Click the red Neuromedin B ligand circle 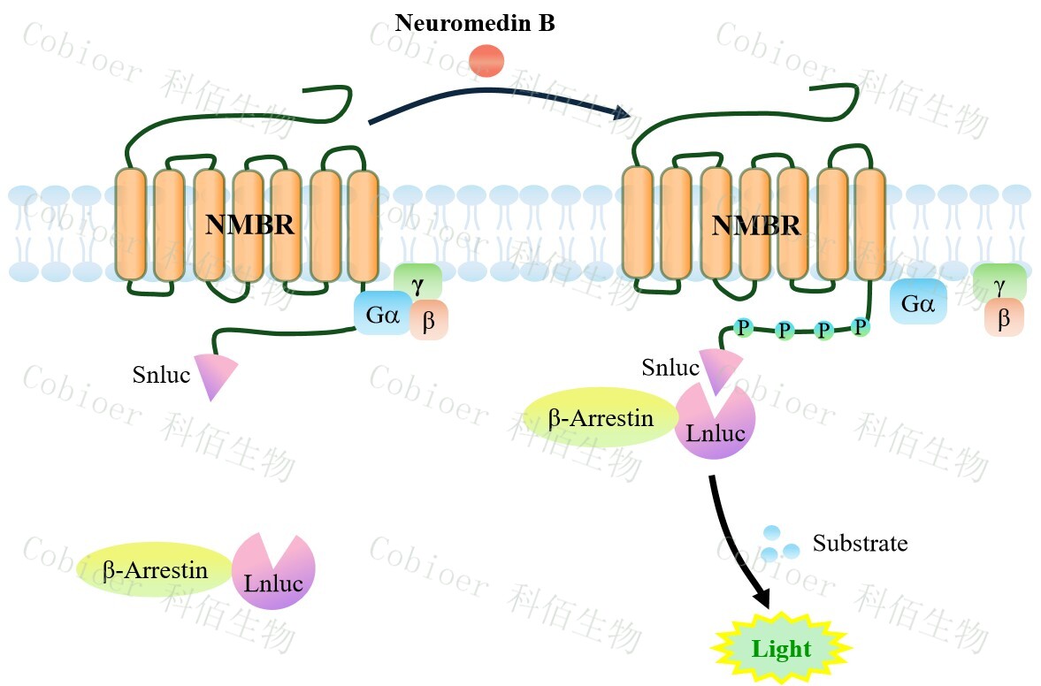pyautogui.click(x=486, y=61)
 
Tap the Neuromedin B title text pyautogui.click(x=475, y=22)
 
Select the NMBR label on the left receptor pyautogui.click(x=249, y=225)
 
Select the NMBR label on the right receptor pyautogui.click(x=756, y=225)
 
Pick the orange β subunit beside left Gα pyautogui.click(x=430, y=321)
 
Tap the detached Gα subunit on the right pyautogui.click(x=918, y=303)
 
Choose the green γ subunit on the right pyautogui.click(x=999, y=283)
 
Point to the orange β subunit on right pyautogui.click(x=1004, y=318)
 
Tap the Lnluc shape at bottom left pyautogui.click(x=273, y=574)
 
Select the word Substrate pyautogui.click(x=860, y=542)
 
